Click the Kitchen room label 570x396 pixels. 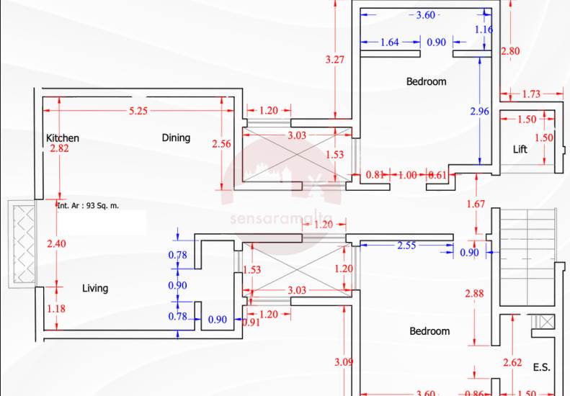pyautogui.click(x=63, y=138)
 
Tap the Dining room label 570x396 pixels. pyautogui.click(x=176, y=138)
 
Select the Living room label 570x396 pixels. pyautogui.click(x=95, y=288)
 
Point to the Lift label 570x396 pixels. pyautogui.click(x=520, y=150)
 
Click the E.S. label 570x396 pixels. pyautogui.click(x=542, y=367)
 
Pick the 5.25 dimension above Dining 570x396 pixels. pyautogui.click(x=138, y=111)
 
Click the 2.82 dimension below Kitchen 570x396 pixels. pyautogui.click(x=59, y=149)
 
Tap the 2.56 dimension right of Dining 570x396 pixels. pyautogui.click(x=222, y=144)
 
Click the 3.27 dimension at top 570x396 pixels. pyautogui.click(x=334, y=60)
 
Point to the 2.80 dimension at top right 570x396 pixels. pyautogui.click(x=510, y=51)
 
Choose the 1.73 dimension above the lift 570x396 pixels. pyautogui.click(x=531, y=94)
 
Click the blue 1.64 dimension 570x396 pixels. pyautogui.click(x=389, y=42)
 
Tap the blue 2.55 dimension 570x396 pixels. pyautogui.click(x=407, y=246)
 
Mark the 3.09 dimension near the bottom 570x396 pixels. pyautogui.click(x=344, y=362)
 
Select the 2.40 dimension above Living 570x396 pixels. pyautogui.click(x=55, y=243)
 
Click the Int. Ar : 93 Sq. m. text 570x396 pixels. pyautogui.click(x=88, y=205)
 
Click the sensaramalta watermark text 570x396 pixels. pyautogui.click(x=281, y=219)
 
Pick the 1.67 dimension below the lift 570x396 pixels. pyautogui.click(x=475, y=204)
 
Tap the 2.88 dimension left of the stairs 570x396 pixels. pyautogui.click(x=473, y=294)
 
